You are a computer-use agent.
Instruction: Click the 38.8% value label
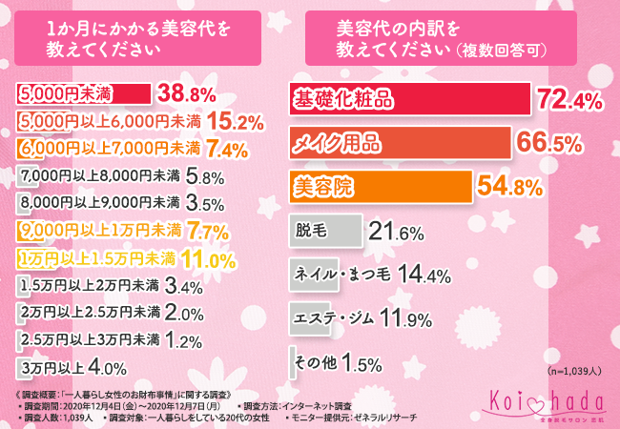[x=190, y=93]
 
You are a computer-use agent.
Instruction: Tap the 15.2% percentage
[x=235, y=121]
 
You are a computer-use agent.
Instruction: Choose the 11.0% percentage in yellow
[x=207, y=257]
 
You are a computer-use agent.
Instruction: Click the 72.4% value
[x=568, y=99]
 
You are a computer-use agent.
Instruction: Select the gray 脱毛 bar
[x=325, y=231]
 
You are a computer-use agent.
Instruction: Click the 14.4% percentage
[x=424, y=276]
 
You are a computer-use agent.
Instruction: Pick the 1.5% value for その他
[x=361, y=363]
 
